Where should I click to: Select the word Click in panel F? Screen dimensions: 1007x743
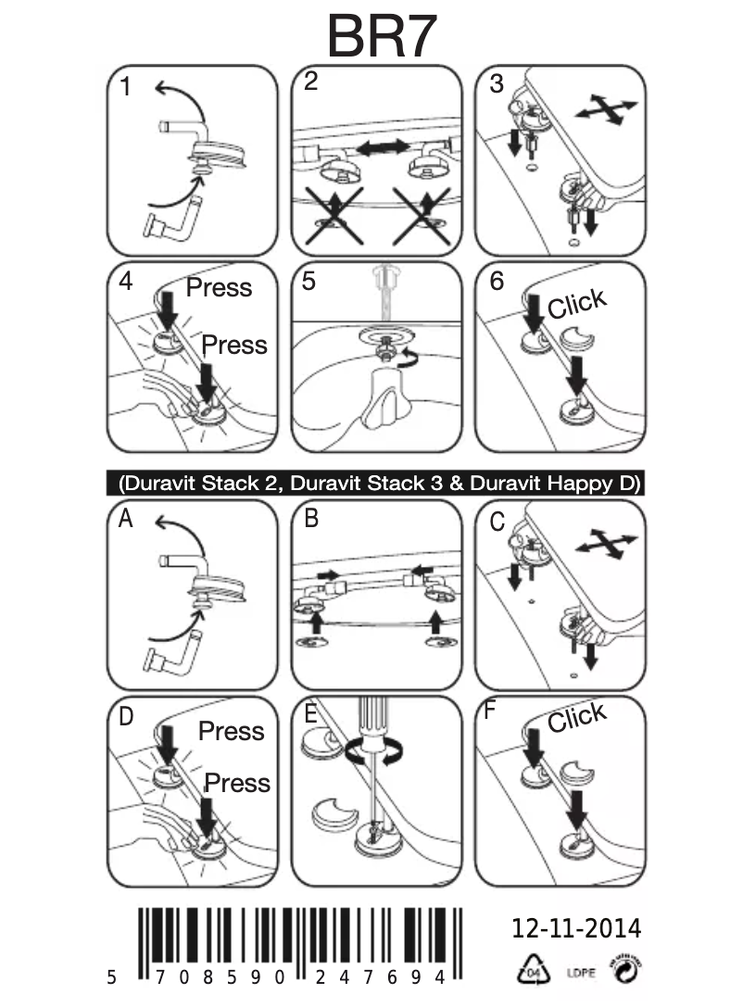coord(576,717)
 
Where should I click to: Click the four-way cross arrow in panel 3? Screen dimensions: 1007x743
coord(606,108)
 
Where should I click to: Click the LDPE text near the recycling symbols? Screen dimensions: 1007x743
coord(579,974)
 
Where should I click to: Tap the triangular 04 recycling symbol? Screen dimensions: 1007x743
coord(528,972)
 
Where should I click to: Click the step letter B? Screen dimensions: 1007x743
coord(310,519)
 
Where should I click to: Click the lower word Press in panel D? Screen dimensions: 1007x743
coord(237,783)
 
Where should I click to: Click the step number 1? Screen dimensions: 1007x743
coord(125,88)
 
